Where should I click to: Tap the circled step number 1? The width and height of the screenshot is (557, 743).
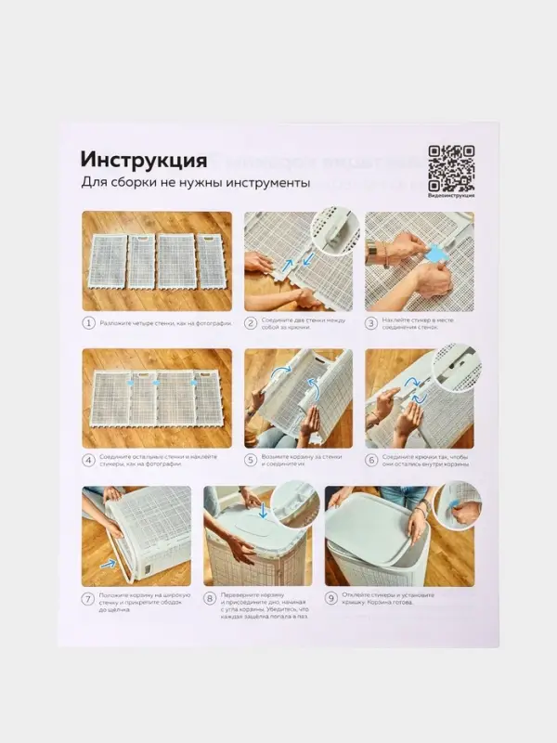[89, 323]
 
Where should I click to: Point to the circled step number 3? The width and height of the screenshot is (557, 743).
[371, 323]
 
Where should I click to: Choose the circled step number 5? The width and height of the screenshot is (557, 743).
[251, 459]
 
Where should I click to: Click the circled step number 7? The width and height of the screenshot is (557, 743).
[89, 599]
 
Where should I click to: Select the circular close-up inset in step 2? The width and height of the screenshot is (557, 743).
[333, 231]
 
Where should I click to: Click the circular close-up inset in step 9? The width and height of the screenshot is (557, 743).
[458, 506]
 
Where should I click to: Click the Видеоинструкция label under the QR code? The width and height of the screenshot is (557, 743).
[451, 194]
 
